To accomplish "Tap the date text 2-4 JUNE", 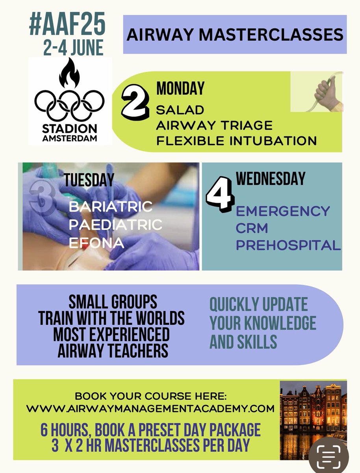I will [74, 48].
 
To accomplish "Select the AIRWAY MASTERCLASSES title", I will [235, 34].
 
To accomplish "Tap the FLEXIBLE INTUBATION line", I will [236, 140].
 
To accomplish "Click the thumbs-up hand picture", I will [327, 93].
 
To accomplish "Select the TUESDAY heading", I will [89, 180].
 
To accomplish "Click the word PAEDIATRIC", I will [115, 225].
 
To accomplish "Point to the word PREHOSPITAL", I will [288, 246].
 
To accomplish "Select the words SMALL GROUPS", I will [113, 302].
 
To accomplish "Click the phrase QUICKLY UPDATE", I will [258, 305].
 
